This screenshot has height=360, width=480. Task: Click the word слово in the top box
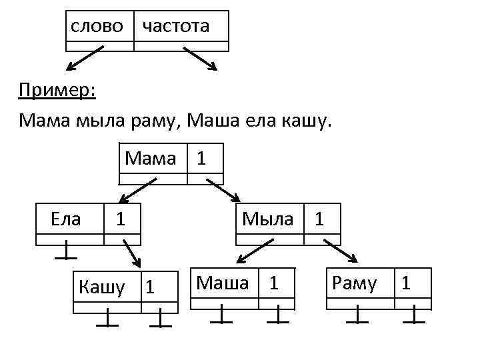(97, 26)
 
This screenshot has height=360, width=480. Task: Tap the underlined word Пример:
(57, 90)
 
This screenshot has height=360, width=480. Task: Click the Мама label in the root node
(151, 159)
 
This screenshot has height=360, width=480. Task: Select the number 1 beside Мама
(201, 159)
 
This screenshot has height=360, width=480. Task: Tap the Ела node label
(65, 218)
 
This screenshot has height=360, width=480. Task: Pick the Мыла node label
(268, 218)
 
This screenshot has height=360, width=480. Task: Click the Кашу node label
(101, 287)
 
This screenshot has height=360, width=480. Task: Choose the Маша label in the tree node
(223, 283)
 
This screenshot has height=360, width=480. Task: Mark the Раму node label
(354, 283)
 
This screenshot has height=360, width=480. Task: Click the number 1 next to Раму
(406, 283)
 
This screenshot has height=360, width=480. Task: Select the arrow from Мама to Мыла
(223, 189)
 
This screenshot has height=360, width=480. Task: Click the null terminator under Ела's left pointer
(65, 252)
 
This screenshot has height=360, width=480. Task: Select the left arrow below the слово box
(85, 58)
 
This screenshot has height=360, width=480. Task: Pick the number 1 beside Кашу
(150, 288)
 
